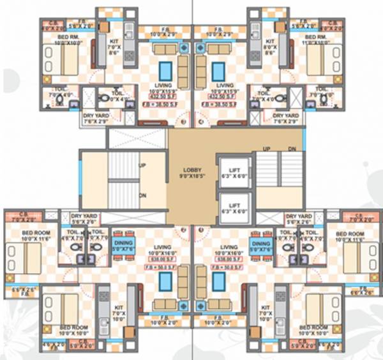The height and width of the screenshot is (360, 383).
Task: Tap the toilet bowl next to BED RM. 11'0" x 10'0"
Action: (x=326, y=99)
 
